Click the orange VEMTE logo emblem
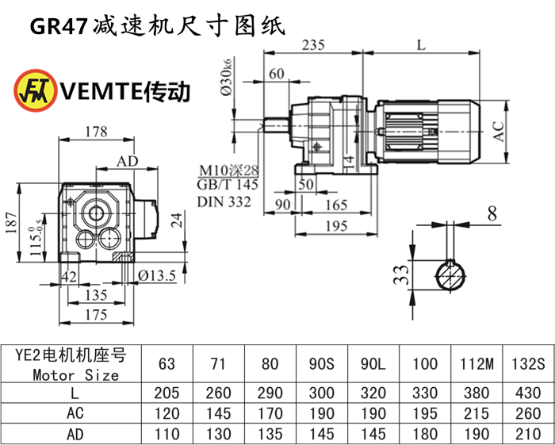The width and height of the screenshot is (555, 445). point(34,91)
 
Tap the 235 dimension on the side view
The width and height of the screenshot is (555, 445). point(315,44)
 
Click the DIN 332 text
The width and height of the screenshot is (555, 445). point(224,202)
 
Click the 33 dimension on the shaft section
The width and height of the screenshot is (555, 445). point(402,274)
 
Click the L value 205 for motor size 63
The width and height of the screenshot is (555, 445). point(166,393)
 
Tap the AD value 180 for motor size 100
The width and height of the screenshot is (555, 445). point(425,433)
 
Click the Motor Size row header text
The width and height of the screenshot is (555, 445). point(76,374)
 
